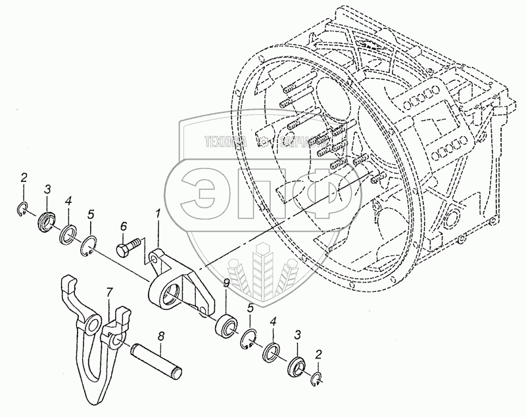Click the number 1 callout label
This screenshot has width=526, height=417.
(157, 213)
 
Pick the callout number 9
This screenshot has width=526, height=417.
(226, 284)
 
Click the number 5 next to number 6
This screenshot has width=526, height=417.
(91, 214)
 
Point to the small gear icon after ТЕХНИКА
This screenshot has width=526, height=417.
(261, 142)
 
